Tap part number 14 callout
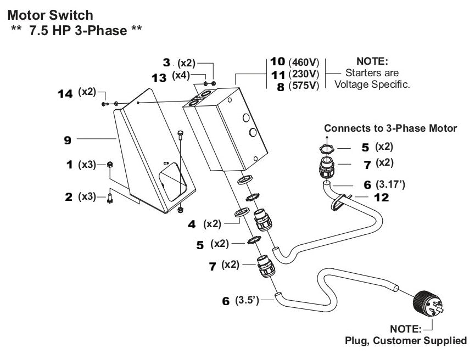tap(65, 94)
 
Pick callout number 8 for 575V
tap(280, 87)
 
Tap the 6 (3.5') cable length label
tap(241, 301)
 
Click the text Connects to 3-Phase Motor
tap(390, 128)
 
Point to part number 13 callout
tap(159, 77)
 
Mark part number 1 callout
tap(69, 165)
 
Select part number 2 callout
tap(69, 196)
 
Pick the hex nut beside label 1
tap(110, 165)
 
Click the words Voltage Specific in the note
tap(372, 85)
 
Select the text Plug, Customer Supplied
tap(405, 341)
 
